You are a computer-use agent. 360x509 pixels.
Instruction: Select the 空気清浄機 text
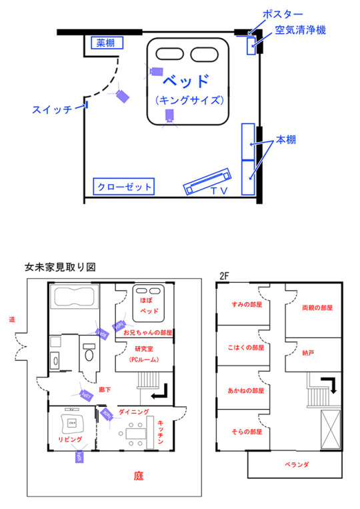(x=299, y=31)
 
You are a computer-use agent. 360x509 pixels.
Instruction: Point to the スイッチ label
(x=52, y=110)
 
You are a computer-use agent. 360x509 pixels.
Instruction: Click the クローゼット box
(x=123, y=186)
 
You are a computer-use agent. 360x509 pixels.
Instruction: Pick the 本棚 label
(x=287, y=141)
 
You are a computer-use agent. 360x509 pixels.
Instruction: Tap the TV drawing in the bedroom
(x=208, y=181)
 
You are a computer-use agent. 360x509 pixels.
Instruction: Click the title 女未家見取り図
(x=61, y=266)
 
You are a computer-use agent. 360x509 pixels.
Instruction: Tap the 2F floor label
(x=225, y=275)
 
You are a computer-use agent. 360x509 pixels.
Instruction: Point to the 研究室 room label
(x=144, y=348)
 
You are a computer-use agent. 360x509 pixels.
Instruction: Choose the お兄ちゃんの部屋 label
(x=148, y=332)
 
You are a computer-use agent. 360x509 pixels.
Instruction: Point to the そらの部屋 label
(x=247, y=432)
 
